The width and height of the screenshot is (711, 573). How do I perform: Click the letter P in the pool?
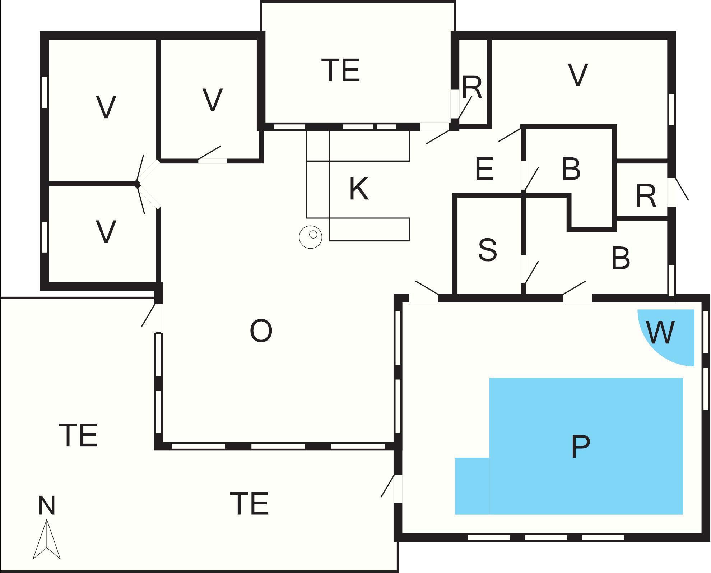click(580, 446)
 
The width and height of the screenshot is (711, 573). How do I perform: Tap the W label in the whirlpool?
click(660, 332)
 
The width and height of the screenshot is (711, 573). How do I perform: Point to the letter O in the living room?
click(261, 331)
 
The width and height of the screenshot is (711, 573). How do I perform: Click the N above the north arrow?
click(47, 505)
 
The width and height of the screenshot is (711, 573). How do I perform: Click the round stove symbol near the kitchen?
click(311, 237)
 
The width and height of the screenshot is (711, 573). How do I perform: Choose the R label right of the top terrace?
click(472, 87)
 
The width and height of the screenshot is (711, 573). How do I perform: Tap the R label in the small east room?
click(646, 196)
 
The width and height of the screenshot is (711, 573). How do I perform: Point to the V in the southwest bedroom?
click(106, 232)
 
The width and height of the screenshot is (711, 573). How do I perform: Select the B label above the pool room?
click(621, 258)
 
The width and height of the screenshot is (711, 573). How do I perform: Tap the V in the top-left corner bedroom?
click(106, 107)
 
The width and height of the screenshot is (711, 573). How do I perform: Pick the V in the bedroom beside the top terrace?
click(213, 99)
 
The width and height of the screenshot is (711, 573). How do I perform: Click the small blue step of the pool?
click(472, 486)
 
